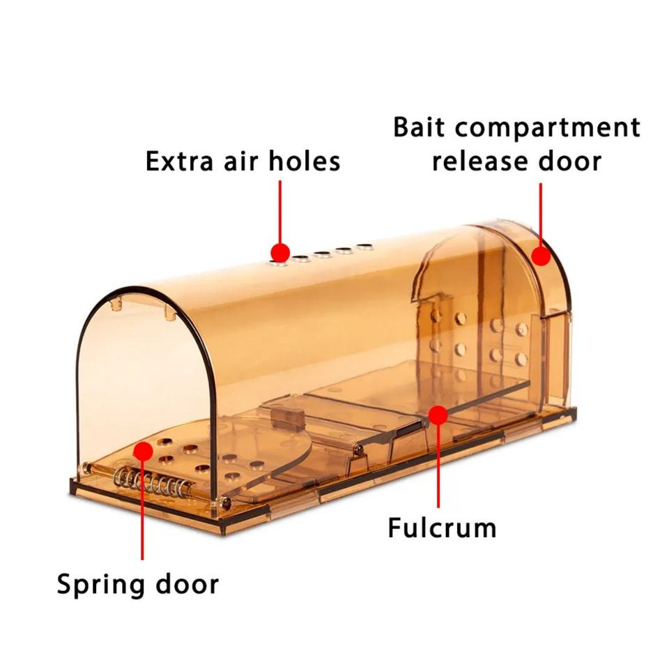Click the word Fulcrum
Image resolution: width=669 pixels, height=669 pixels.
tap(442, 527)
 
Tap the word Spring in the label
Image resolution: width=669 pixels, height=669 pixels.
tap(100, 584)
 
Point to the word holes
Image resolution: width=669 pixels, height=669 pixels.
tap(304, 161)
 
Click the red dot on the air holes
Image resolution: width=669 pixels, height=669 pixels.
tap(280, 252)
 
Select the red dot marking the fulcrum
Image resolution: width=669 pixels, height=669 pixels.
tap(438, 415)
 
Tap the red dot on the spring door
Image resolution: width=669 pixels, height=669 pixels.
tap(143, 451)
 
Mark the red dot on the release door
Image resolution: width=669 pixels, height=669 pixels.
tap(541, 255)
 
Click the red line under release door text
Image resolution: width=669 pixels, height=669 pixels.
tap(541, 213)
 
